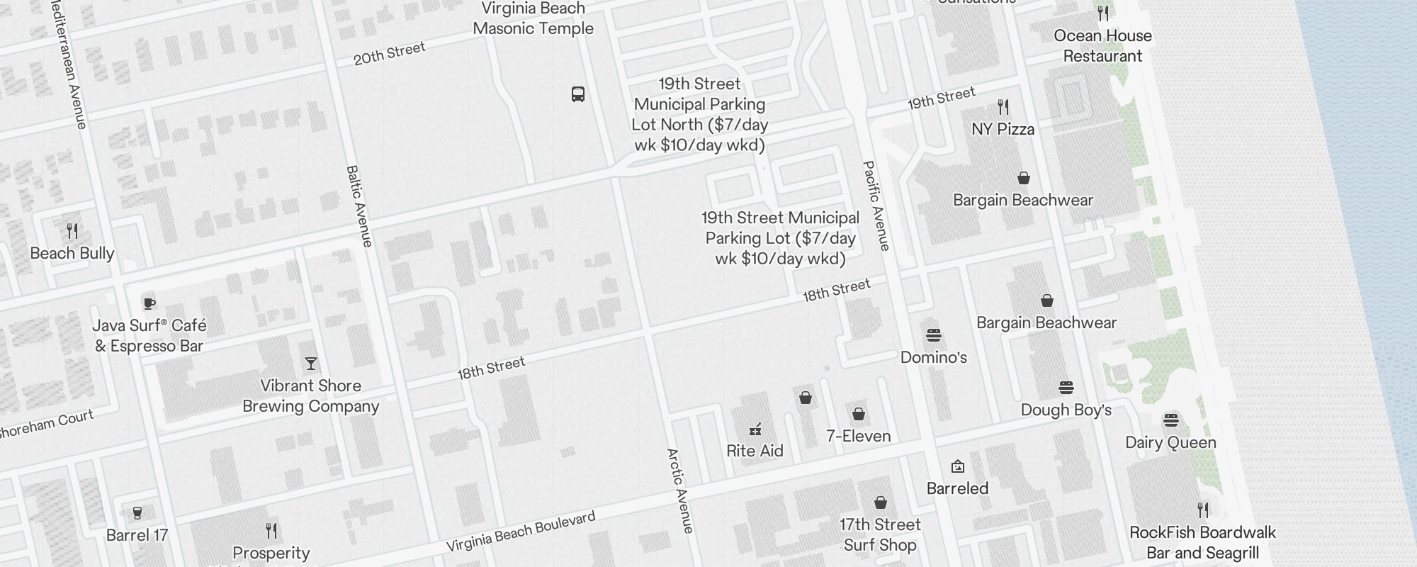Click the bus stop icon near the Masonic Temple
coord(578,94)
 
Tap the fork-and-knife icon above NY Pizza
coord(1003,107)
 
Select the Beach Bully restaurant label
coord(72,253)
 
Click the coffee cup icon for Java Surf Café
coord(149,303)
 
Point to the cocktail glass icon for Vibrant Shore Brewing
coord(311,364)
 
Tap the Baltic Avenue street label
coord(359,206)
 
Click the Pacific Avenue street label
coord(876,206)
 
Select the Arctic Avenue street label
coord(679,490)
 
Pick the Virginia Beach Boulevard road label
coord(521,532)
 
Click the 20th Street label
coord(390,53)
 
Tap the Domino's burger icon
coord(934,335)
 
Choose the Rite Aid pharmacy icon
coord(755,429)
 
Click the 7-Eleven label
coord(859,436)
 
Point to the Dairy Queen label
coord(1170,442)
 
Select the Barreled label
coord(957,488)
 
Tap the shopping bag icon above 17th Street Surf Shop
coord(881,503)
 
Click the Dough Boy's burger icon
coord(1066,388)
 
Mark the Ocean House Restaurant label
coord(1102,45)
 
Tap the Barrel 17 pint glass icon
coord(137,512)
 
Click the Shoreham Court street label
coord(47,424)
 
